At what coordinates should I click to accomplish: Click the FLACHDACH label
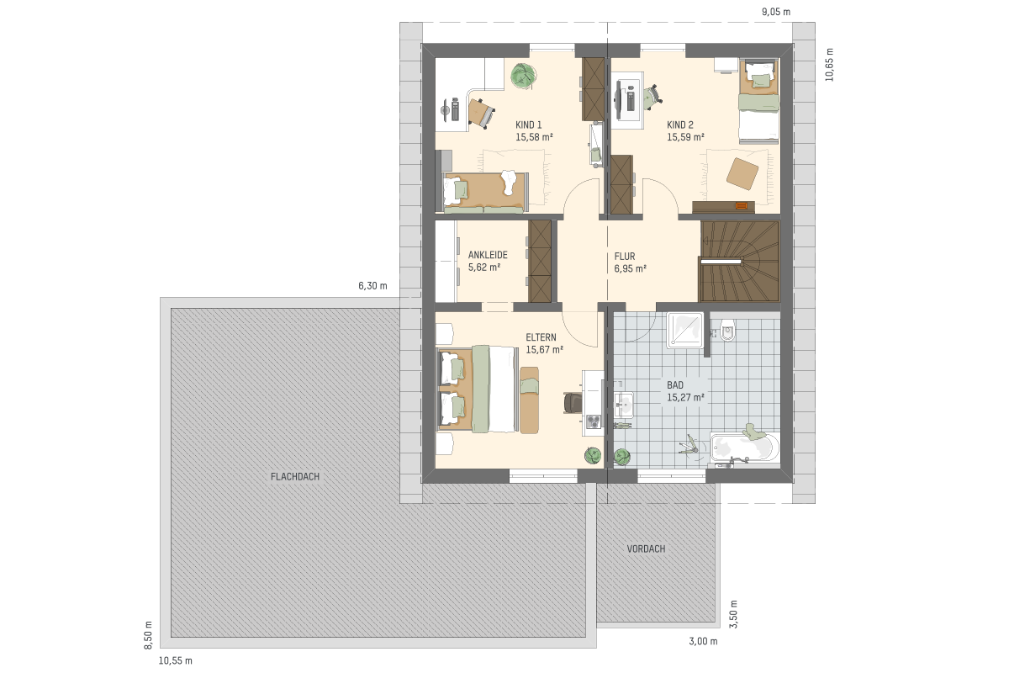tap(295, 477)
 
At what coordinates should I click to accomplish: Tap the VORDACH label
tap(646, 549)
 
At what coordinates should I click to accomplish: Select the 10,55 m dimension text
tap(175, 661)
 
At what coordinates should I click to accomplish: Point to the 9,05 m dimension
tap(776, 12)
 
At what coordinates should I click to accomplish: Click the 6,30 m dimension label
tap(372, 286)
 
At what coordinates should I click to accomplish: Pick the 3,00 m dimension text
tap(703, 641)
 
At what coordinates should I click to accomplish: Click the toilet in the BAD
tap(727, 330)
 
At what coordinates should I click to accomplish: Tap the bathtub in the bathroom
tap(745, 448)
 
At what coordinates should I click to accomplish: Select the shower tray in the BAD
tap(685, 330)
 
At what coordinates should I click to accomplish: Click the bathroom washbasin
tap(624, 405)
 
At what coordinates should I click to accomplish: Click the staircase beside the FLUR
tap(739, 261)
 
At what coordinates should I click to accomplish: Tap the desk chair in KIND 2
tap(652, 97)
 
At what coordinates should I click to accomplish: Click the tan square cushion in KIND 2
tap(742, 173)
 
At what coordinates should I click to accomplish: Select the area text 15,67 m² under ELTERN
tap(545, 350)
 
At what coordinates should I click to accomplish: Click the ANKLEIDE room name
tap(488, 255)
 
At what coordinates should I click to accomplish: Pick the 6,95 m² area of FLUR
tap(630, 268)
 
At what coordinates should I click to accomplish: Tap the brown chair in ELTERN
tap(573, 402)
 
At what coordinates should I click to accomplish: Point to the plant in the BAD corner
tap(622, 457)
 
